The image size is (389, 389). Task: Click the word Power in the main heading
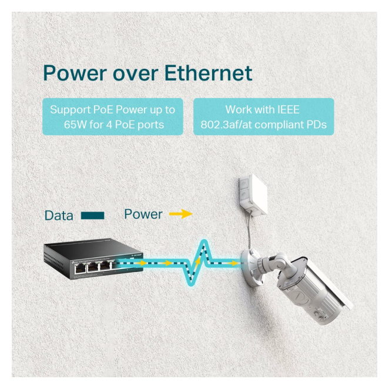pos(73,73)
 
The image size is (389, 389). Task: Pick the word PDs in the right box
pos(314,125)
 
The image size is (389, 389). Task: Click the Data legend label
pos(59,216)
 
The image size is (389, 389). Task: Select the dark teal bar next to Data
pos(92,216)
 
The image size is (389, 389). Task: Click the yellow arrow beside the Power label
pos(180,214)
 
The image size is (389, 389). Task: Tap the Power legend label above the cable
pos(143,214)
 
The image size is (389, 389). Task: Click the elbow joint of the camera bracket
pos(284,259)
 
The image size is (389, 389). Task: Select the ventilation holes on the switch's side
pos(52,259)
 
